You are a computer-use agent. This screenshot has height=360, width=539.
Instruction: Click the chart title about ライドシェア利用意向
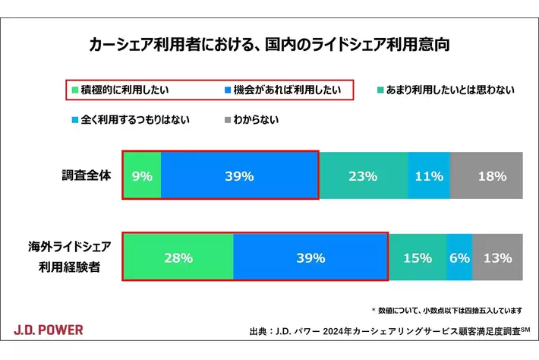pos(269,44)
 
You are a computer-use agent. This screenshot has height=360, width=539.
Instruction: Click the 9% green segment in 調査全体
pos(142,175)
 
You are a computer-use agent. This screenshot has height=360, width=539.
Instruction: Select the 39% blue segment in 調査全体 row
pos(239,175)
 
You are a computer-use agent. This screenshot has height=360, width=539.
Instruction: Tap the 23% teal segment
pos(363,175)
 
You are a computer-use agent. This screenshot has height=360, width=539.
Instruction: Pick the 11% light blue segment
pos(429,175)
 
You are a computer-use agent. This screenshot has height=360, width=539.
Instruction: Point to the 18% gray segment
pos(487,175)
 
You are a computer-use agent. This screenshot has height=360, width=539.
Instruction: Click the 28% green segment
pos(178,257)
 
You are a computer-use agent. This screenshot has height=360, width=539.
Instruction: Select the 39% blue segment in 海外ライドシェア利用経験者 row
pos(310,257)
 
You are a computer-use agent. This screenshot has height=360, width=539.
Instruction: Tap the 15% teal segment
pos(418,257)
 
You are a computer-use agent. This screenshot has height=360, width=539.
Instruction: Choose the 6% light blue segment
pos(459,257)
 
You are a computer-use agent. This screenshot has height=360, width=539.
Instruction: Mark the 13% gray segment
pos(497,257)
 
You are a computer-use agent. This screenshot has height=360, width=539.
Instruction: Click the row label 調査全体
pos(87,175)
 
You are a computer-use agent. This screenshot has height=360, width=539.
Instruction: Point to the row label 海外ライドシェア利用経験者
pos(71,257)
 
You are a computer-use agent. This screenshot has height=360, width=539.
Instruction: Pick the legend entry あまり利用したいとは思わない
pos(446,90)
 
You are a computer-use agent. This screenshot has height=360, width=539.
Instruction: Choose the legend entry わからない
pos(251,119)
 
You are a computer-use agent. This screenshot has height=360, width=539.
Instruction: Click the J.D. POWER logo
pos(49,330)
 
